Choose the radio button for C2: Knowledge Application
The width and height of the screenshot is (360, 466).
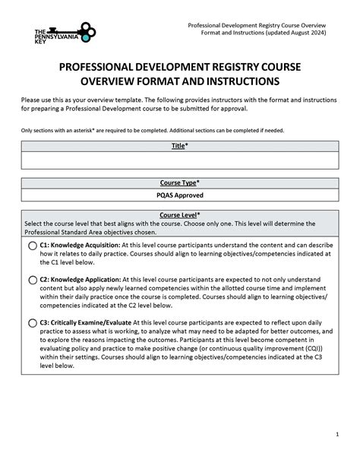(33, 281)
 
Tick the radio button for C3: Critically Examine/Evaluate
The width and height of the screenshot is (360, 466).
(33, 322)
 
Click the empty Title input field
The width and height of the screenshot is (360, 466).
(180, 160)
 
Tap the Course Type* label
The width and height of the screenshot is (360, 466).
(180, 183)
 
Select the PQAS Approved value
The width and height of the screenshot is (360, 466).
(180, 195)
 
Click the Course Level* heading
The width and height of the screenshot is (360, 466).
(180, 215)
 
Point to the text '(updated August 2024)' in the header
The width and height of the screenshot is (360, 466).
(305, 34)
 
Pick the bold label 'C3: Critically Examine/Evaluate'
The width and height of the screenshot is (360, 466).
(90, 322)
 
